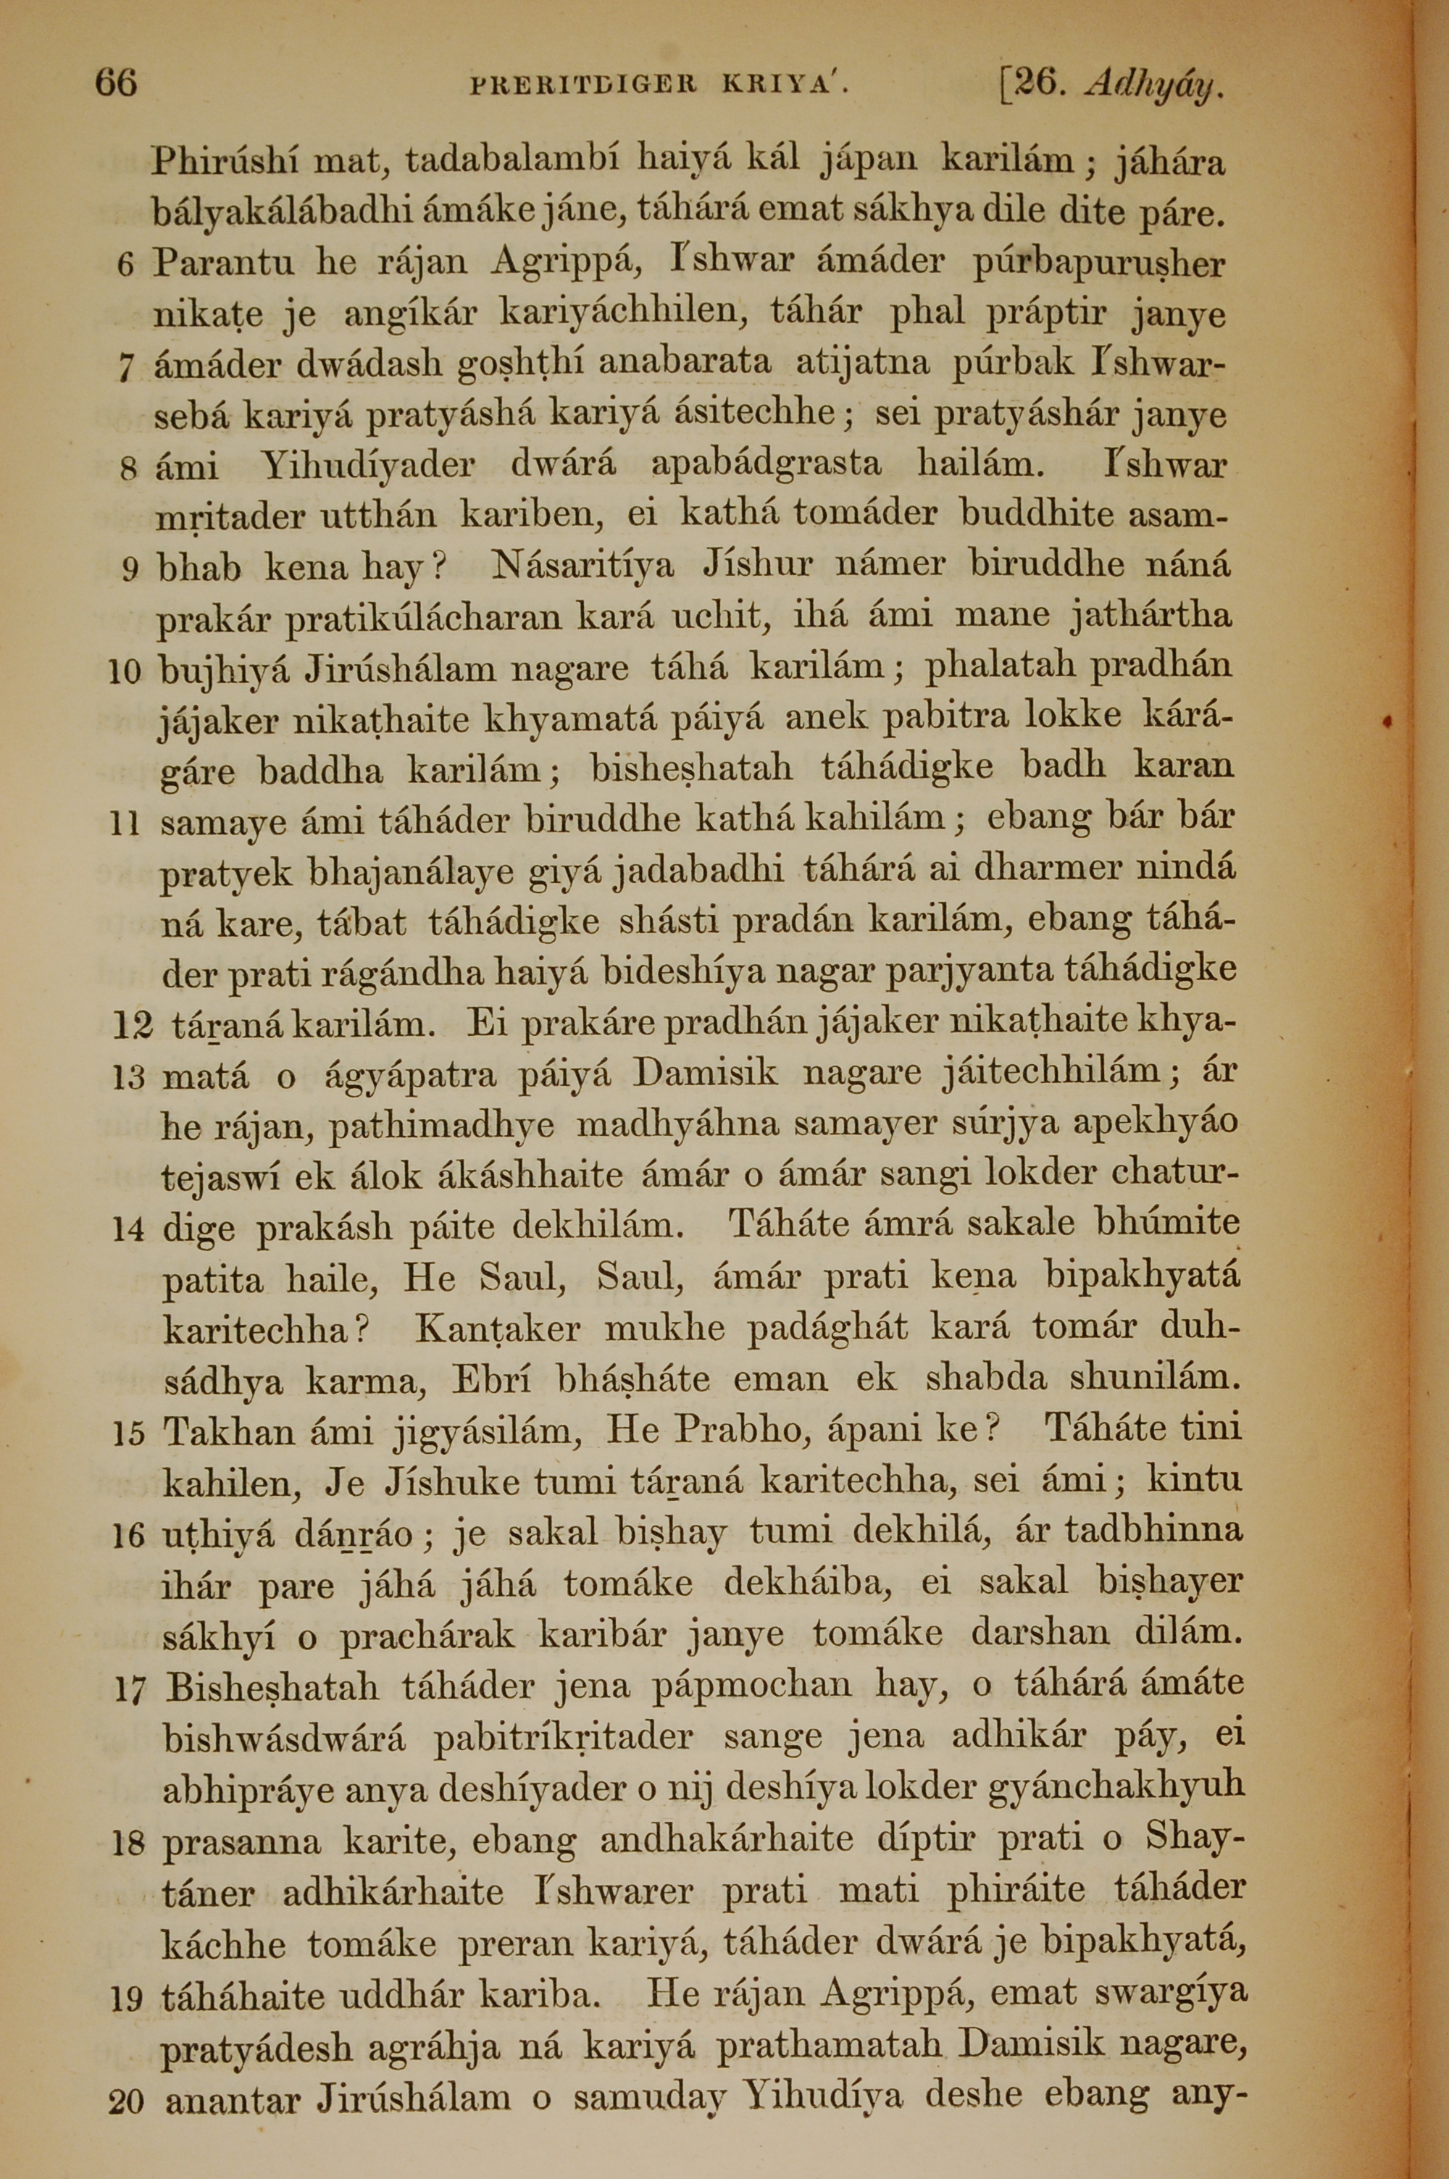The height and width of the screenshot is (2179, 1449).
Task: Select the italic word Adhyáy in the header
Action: click(1155, 86)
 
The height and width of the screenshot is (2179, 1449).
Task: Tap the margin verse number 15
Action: click(128, 1434)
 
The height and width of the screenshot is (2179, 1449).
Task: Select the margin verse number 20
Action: click(127, 2149)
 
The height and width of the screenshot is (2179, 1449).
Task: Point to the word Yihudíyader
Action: click(368, 464)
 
